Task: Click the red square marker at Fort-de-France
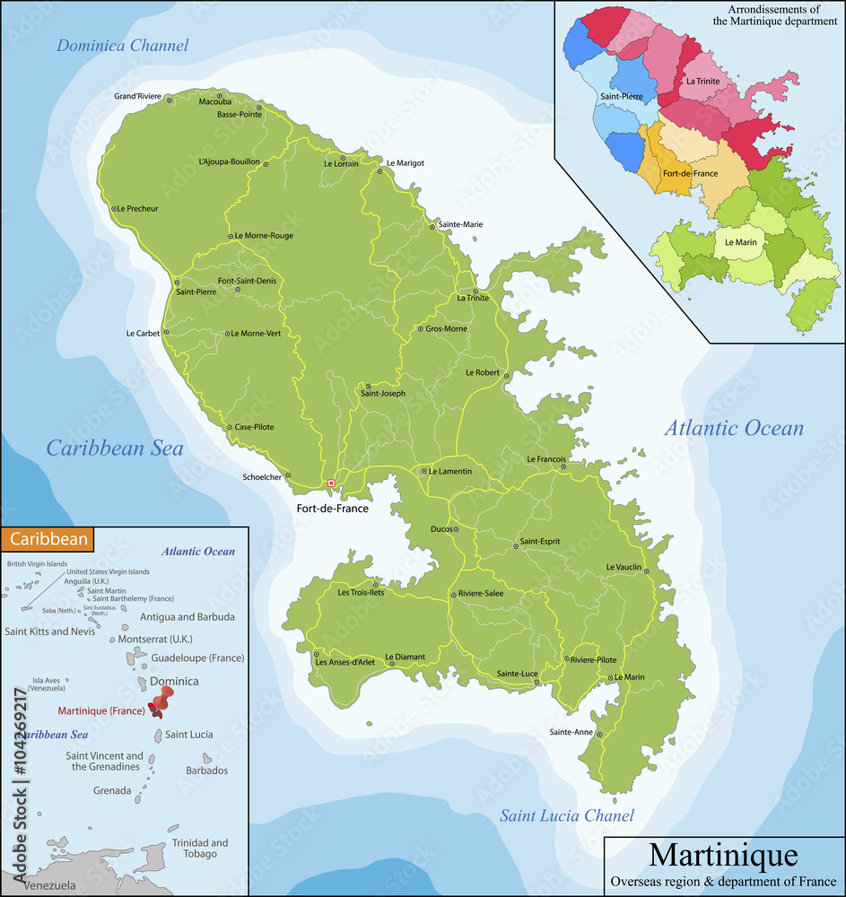(331, 483)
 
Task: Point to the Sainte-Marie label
(460, 225)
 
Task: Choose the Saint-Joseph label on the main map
(383, 394)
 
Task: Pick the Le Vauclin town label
(624, 567)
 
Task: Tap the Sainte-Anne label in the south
(571, 732)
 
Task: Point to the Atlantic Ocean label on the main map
(734, 429)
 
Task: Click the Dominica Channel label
(123, 46)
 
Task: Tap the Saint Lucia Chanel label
(567, 815)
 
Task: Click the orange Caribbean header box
(47, 539)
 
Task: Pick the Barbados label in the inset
(206, 771)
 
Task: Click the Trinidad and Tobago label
(199, 849)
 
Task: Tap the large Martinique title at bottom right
(722, 855)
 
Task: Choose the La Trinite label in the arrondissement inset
(703, 81)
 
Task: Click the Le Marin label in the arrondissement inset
(731, 242)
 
